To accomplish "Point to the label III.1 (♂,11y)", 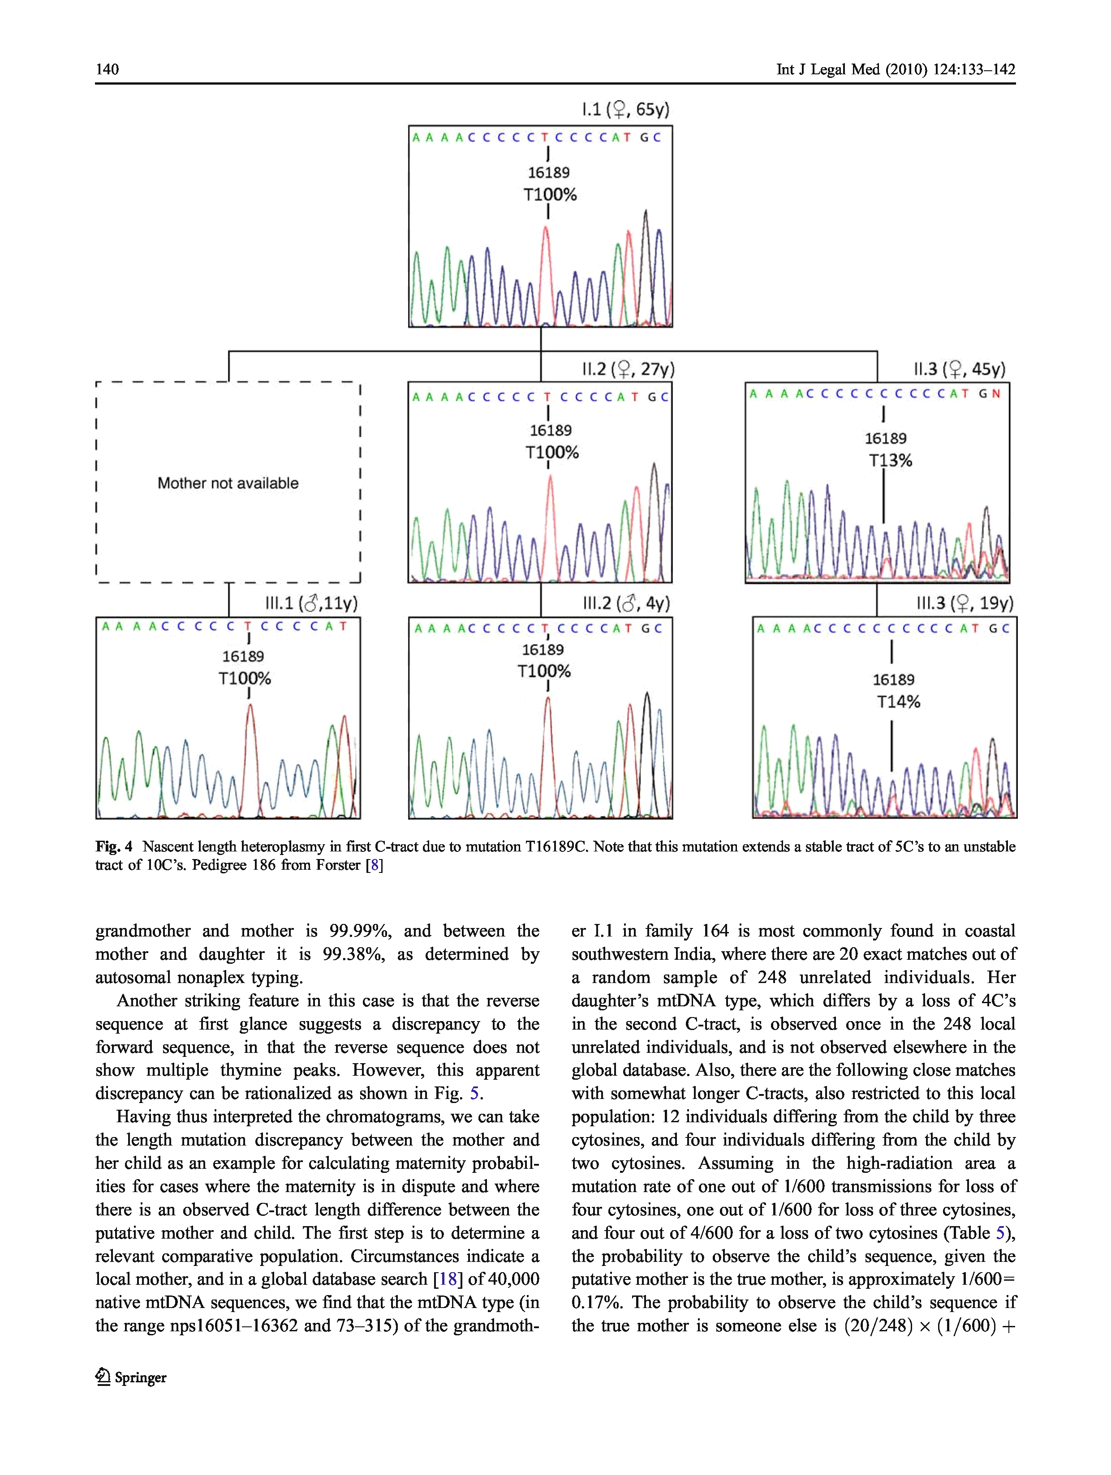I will point(311,603).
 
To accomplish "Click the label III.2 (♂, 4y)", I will point(625,603).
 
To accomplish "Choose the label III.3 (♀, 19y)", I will point(964,603).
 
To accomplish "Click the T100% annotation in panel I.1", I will point(550,195).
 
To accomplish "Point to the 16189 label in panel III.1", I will point(243,657).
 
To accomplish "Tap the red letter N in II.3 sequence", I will point(996,394).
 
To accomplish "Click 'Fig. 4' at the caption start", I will point(113,847).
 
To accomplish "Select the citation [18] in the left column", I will point(447,1279).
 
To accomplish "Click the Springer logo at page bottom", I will point(131,1377).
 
